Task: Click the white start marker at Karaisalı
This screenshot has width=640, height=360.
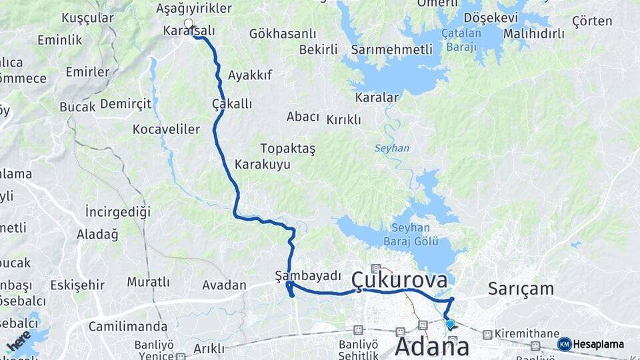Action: (189, 25)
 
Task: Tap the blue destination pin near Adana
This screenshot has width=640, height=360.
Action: (450, 325)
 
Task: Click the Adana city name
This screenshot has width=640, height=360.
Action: (432, 346)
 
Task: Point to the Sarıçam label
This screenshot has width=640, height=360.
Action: (521, 289)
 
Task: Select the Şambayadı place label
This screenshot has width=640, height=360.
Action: (308, 276)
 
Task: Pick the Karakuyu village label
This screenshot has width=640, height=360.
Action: (263, 164)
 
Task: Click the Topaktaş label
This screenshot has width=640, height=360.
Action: (288, 148)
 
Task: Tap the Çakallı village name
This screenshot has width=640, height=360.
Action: (232, 104)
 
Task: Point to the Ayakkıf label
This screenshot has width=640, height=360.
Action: (250, 75)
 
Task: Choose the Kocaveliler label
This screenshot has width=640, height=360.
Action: (166, 129)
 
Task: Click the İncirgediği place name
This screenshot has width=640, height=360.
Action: (118, 211)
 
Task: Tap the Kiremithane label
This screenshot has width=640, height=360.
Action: (527, 333)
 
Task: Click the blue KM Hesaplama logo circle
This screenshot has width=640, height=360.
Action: (565, 344)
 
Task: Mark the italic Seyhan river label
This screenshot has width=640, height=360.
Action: (391, 148)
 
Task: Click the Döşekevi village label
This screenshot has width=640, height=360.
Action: (490, 17)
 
